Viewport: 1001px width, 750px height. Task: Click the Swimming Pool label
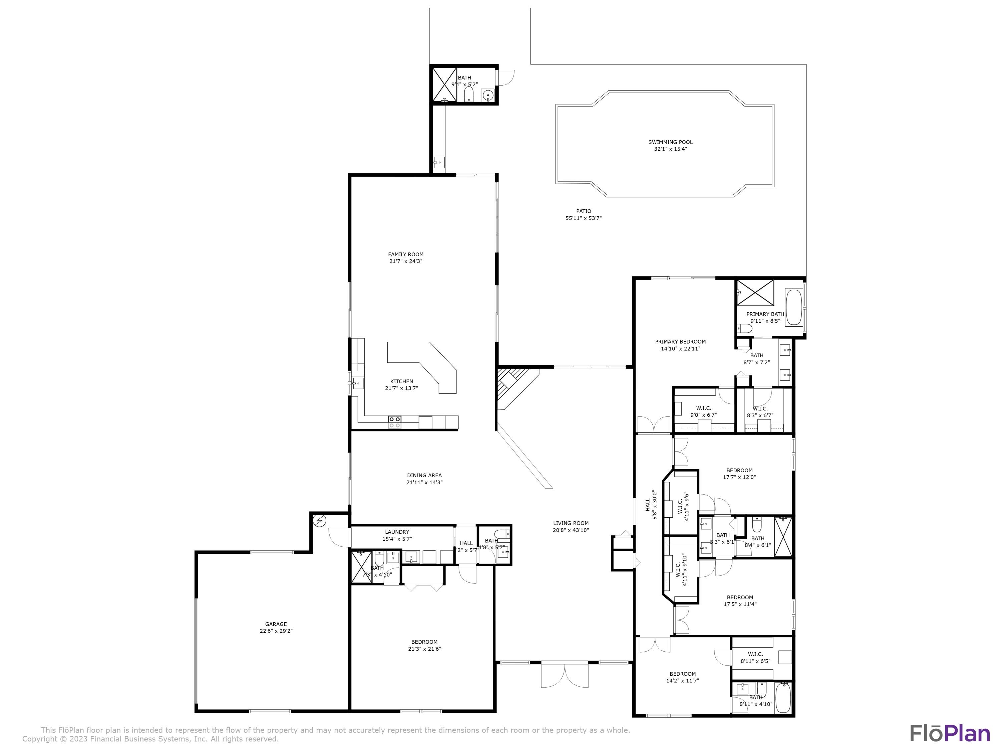[x=670, y=142]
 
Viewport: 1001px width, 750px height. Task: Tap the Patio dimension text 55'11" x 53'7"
[x=583, y=218]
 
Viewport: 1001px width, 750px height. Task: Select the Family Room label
[x=405, y=255]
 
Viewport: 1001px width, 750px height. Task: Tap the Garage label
[x=276, y=624]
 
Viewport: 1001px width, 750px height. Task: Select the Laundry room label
[x=397, y=532]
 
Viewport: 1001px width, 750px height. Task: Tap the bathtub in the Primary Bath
[x=793, y=307]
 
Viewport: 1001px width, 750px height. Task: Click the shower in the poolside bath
[x=444, y=85]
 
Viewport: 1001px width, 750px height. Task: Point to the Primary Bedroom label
[x=680, y=342]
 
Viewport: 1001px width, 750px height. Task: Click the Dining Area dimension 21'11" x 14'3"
[x=424, y=482]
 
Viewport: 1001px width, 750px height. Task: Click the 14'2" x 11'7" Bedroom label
[x=682, y=674]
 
